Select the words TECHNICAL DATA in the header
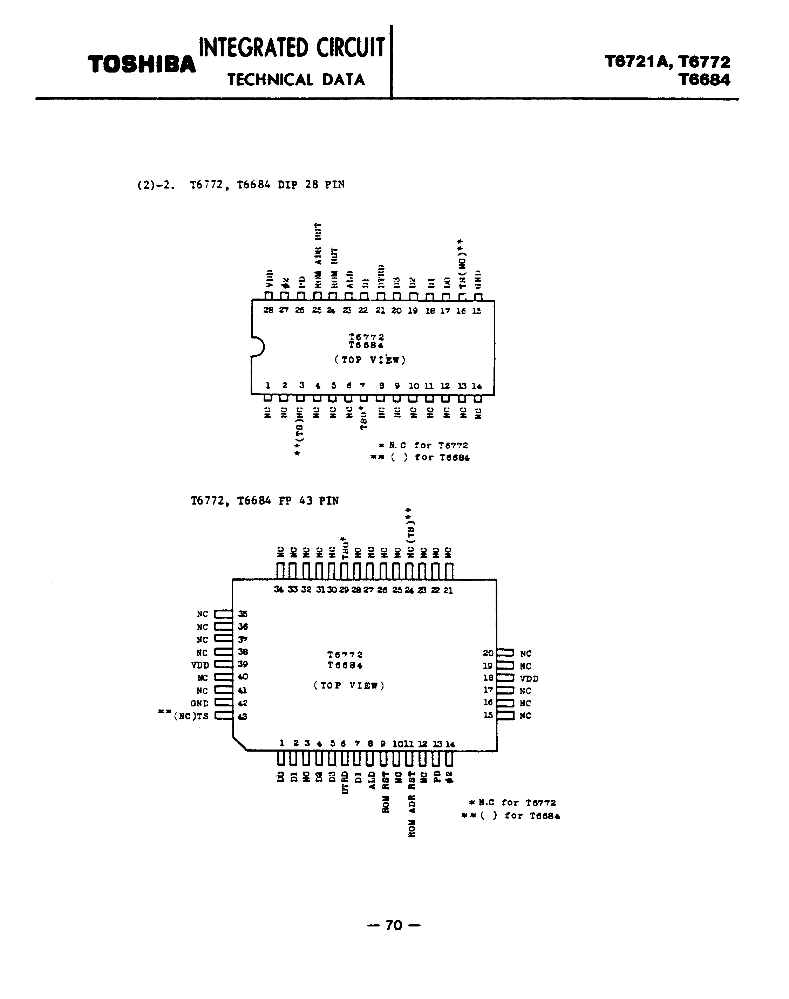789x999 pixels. (296, 80)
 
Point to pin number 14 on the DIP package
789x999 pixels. (477, 386)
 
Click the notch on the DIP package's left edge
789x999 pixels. (257, 347)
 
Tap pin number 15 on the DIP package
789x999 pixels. (477, 311)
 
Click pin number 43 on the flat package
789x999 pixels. (243, 716)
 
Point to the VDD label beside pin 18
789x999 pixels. (529, 678)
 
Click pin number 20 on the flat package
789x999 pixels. (488, 653)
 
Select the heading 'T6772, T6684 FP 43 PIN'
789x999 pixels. (265, 501)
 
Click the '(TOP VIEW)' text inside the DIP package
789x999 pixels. (370, 360)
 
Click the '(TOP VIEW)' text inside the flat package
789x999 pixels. (349, 685)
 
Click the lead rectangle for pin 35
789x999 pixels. (224, 614)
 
